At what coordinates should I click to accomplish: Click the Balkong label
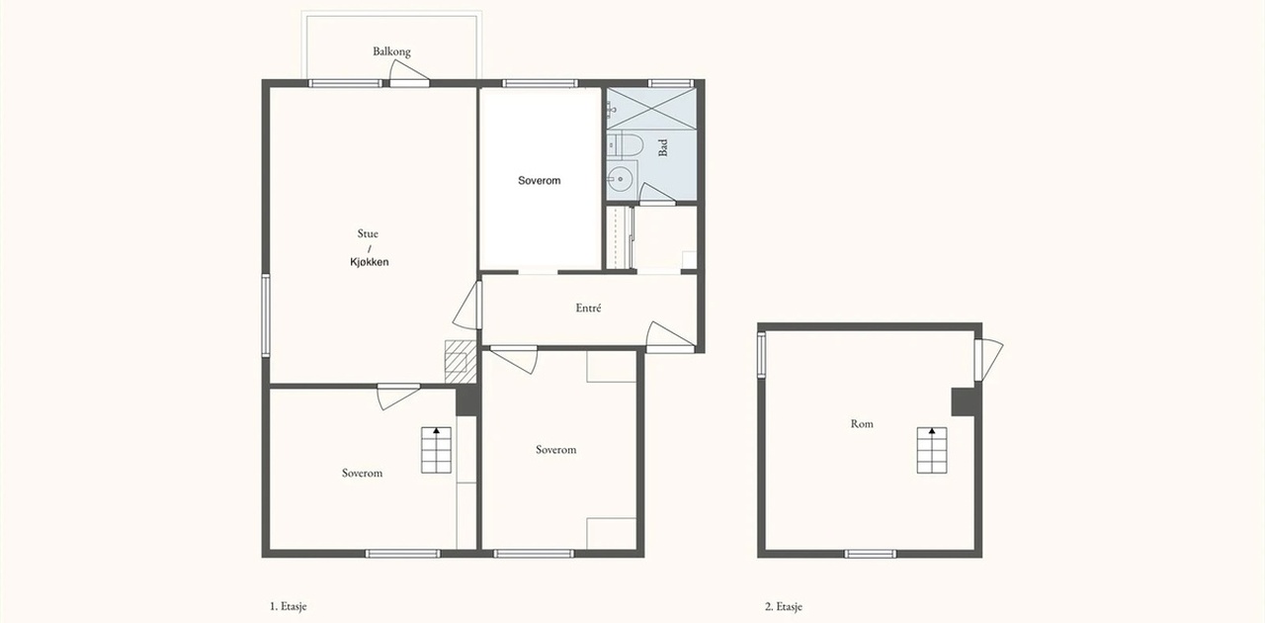391,51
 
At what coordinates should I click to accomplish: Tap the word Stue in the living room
368,233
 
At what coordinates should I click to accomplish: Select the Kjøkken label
370,262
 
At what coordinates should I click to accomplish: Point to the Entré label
588,309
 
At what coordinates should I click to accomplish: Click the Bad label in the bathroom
663,147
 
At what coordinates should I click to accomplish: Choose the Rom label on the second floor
862,424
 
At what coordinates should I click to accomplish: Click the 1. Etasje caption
288,606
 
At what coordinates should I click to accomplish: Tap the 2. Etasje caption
784,606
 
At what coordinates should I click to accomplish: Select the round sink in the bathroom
622,179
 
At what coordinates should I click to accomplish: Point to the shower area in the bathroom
651,109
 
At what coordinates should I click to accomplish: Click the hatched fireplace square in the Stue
461,361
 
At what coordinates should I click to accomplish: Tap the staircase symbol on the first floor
436,450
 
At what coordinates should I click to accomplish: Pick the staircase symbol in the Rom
932,451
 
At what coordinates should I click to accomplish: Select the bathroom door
657,194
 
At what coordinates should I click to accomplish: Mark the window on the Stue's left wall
266,315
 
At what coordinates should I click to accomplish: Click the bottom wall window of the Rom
871,554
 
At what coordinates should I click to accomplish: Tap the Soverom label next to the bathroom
540,181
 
